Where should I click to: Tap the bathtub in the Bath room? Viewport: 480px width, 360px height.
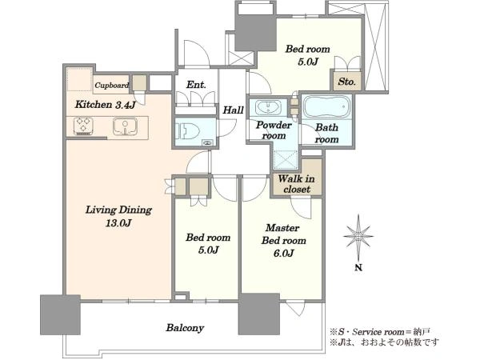point(326,107)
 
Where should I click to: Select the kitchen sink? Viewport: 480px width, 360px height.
point(125,126)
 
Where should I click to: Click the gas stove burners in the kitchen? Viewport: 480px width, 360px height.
point(83,126)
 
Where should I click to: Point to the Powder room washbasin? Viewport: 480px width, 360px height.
point(268,107)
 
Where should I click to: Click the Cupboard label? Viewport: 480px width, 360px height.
point(111,85)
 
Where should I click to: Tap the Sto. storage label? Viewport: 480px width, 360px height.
point(347,82)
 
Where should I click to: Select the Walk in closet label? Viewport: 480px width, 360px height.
point(296,184)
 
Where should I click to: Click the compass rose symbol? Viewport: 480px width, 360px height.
point(358,236)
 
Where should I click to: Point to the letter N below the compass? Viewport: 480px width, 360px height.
point(358,267)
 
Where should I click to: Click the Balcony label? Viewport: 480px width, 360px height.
point(185,328)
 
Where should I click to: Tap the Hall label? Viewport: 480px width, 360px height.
point(233,110)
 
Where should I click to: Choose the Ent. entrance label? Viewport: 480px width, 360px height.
point(196,85)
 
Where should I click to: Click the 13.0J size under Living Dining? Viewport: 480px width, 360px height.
point(118,223)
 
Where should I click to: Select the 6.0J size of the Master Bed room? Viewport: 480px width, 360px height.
point(283,254)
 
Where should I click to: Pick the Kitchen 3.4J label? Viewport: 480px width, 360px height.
point(105,105)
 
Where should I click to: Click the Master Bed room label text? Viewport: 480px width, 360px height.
point(283,234)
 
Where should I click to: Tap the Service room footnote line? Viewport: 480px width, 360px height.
point(380,331)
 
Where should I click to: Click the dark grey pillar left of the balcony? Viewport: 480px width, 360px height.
point(60,314)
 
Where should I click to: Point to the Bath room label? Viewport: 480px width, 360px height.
point(326,133)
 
